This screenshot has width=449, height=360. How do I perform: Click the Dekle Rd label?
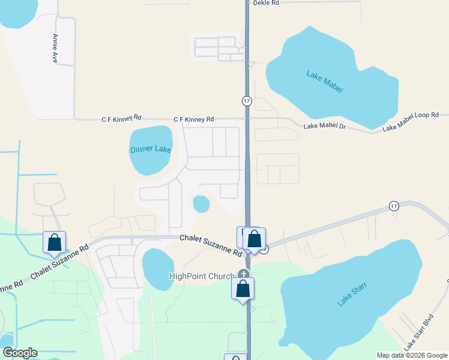(x=266, y=3)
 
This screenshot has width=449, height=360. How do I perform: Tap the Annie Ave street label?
(x=55, y=49)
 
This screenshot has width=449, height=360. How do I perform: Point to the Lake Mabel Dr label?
(x=325, y=126)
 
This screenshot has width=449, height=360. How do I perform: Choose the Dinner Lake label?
(x=151, y=149)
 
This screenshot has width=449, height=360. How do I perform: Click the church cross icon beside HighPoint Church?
(x=243, y=274)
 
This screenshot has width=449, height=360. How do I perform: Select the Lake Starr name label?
(x=352, y=293)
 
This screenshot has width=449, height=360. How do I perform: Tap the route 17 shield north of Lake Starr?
(x=394, y=206)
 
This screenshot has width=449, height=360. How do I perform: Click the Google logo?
(x=20, y=353)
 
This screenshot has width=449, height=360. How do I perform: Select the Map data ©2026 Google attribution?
(x=412, y=355)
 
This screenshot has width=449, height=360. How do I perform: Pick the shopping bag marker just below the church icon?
(x=243, y=289)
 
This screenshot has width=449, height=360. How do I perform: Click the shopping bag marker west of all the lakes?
(x=54, y=242)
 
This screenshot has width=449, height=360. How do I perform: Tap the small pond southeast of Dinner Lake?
(x=201, y=204)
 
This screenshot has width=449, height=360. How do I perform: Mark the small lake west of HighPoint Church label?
(x=155, y=267)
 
